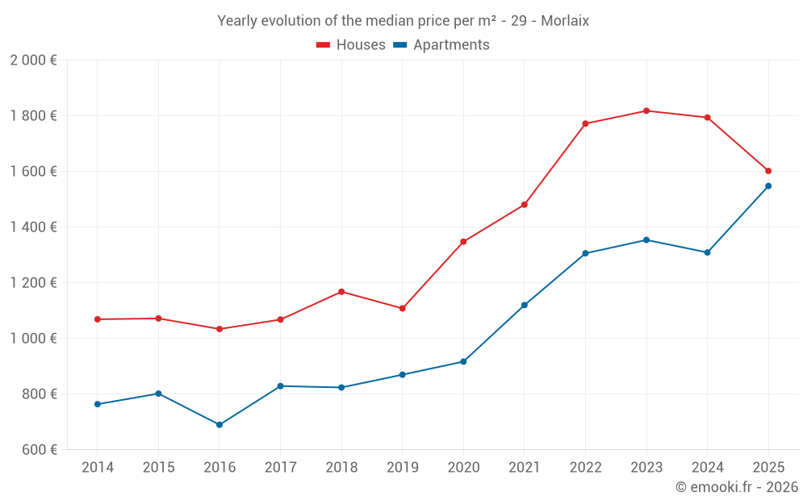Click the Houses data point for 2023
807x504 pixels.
(646, 110)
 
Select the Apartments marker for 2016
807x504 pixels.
(220, 425)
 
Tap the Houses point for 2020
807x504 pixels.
(463, 242)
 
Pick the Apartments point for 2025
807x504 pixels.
(768, 186)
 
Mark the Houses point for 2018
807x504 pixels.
(341, 292)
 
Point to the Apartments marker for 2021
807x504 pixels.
(525, 306)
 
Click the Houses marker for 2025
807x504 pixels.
(768, 171)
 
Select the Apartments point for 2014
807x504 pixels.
(98, 404)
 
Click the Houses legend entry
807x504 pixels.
(351, 45)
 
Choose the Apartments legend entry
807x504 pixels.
(441, 45)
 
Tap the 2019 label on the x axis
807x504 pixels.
(402, 468)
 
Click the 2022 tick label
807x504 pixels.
(585, 468)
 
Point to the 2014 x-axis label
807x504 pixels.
(98, 468)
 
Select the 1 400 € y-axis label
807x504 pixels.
(34, 227)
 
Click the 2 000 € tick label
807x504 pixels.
(34, 60)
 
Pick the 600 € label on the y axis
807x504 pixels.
(40, 450)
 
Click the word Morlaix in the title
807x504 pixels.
(565, 21)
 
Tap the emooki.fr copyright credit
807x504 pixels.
(737, 487)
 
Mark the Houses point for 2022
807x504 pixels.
(585, 123)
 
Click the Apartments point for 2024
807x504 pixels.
(707, 252)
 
